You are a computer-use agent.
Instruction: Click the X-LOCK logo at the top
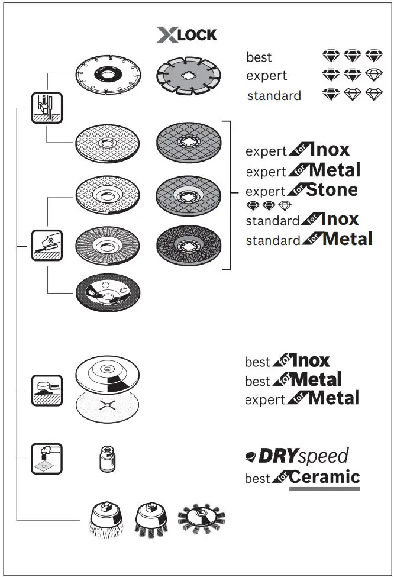(187, 35)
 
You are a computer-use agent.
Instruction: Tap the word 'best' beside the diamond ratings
(259, 57)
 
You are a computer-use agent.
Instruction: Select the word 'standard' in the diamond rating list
(274, 95)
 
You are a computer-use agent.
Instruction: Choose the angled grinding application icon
(47, 244)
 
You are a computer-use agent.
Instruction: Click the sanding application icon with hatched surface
(47, 390)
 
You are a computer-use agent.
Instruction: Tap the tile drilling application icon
(47, 458)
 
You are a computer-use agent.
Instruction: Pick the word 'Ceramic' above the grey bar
(324, 477)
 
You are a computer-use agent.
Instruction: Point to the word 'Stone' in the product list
(332, 191)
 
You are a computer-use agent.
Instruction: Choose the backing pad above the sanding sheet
(108, 374)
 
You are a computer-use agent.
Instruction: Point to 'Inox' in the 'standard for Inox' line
(339, 220)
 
